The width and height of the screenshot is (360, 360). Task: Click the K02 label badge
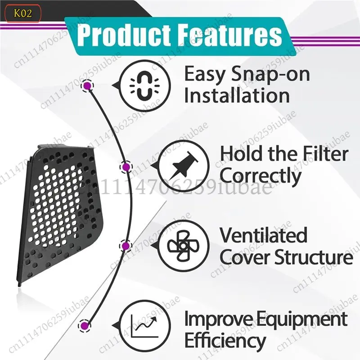pos(23,13)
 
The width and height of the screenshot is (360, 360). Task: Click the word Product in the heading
pos(124,36)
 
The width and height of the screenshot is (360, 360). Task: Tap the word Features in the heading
pos(229,36)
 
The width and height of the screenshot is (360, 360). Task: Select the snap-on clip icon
pos(144,86)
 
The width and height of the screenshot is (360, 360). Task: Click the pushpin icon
pos(183,166)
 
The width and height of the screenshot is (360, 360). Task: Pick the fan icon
pos(183,246)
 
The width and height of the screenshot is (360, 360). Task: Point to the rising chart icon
pos(144,326)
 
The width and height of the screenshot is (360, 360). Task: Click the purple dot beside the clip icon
pos(87,86)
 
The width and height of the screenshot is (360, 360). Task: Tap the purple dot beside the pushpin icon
pos(126,167)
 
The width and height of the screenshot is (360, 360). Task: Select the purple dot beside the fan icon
pos(126,246)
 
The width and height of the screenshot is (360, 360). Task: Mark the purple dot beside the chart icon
pos(85,325)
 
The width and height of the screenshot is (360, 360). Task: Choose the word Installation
pos(237,95)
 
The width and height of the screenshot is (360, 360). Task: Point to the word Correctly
pos(261,176)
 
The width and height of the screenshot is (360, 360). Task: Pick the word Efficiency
pos(225,341)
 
